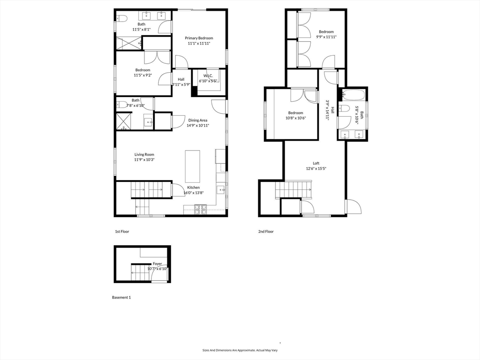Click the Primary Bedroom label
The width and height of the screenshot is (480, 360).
click(199, 38)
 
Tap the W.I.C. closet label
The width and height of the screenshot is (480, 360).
click(208, 76)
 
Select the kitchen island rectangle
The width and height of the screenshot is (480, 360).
click(193, 166)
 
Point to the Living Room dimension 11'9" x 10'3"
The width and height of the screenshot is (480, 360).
click(144, 160)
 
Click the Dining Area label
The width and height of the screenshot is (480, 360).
click(197, 120)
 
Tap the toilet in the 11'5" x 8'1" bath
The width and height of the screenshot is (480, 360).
click(121, 18)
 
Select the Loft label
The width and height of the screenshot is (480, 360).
click(316, 163)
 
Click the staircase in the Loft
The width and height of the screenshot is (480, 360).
click(293, 190)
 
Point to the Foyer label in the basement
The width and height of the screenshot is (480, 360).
click(157, 263)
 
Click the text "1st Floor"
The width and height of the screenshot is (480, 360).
click(122, 232)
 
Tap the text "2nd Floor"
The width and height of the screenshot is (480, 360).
click(266, 232)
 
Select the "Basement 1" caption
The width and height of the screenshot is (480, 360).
click(121, 297)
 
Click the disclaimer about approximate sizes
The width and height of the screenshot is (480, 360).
click(240, 350)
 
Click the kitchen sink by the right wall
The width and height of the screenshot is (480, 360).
click(220, 190)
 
